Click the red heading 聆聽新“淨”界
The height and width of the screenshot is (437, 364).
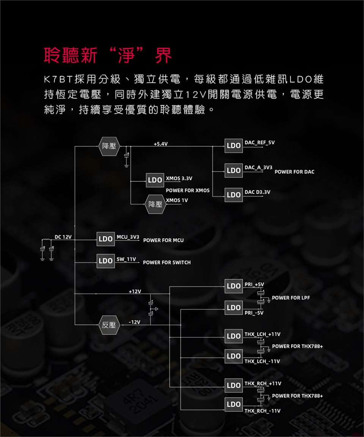pos(108,55)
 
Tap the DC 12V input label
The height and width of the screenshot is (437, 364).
pos(63,237)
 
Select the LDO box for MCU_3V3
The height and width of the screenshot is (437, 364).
pos(105,239)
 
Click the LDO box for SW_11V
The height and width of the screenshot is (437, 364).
pos(105,261)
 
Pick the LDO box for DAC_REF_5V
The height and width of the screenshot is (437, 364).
pos(234,146)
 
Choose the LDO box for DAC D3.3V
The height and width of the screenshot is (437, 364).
pos(234,195)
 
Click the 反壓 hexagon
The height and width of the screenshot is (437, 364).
pos(109,325)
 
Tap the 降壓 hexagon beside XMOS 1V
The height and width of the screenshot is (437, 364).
pos(155,204)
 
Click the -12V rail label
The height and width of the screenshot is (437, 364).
pos(135,322)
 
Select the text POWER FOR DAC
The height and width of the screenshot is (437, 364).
pos(294,172)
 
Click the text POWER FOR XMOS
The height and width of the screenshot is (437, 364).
pos(188,190)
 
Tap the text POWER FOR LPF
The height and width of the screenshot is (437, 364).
pos(291,298)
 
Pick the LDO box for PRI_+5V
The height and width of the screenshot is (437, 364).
pos(234,286)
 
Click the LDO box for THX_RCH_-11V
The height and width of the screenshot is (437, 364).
pos(234,404)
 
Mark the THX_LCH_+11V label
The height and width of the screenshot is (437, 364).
pos(262,334)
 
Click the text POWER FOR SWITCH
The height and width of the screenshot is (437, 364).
pos(167,263)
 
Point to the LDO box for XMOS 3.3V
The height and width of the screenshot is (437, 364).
pos(155,180)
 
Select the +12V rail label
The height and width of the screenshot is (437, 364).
pos(135,291)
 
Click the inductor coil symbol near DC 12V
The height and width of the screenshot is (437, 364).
pos(47,240)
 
